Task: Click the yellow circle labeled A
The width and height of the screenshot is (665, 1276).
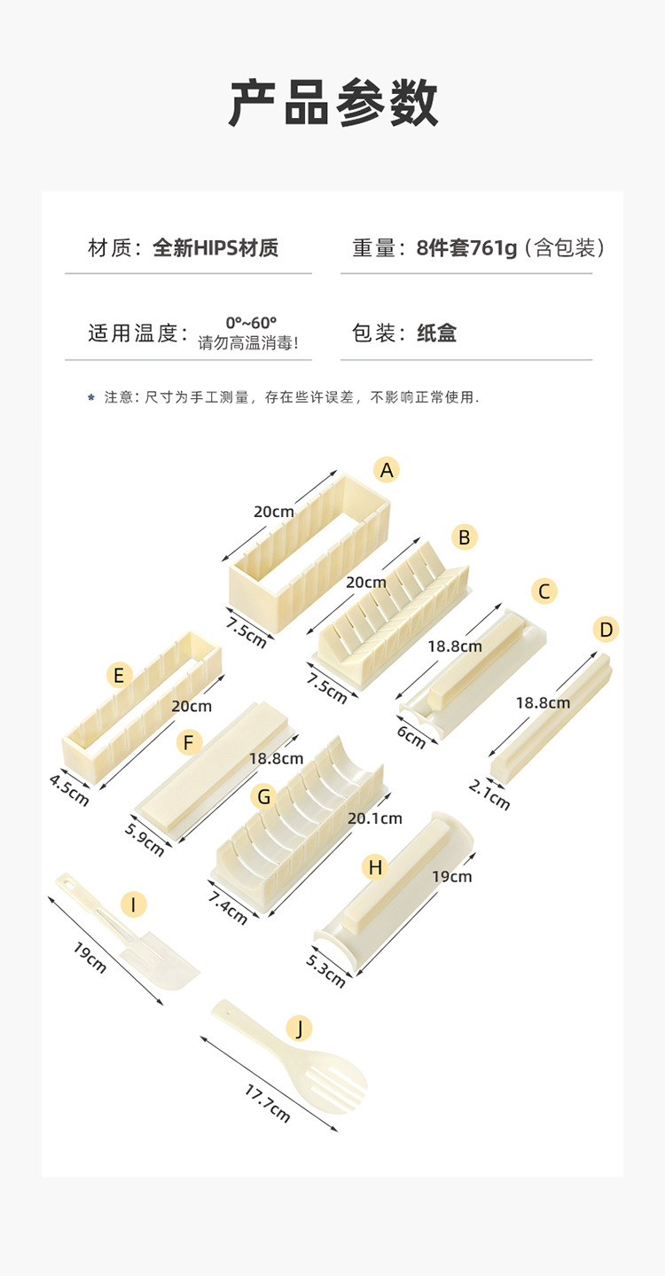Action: (386, 470)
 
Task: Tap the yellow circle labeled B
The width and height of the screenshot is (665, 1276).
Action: (463, 536)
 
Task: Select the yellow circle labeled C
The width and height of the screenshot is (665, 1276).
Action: (544, 591)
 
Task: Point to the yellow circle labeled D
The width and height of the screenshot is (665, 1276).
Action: (606, 630)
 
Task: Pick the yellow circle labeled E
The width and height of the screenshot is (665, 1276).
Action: (119, 676)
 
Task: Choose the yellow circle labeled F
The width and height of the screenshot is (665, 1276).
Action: (188, 741)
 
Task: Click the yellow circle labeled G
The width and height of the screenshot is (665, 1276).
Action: (263, 796)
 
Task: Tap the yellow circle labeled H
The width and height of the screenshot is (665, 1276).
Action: (375, 866)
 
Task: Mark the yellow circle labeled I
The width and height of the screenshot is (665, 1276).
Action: (133, 904)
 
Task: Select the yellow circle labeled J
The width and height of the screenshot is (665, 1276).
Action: (300, 1028)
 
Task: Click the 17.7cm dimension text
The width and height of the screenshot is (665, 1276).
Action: (267, 1103)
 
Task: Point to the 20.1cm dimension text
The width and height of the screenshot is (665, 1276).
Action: (374, 818)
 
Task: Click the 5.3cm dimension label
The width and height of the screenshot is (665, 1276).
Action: (325, 969)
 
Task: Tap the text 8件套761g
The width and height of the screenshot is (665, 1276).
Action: (466, 247)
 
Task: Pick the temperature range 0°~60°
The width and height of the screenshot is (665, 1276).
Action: (251, 322)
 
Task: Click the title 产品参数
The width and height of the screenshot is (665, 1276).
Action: (332, 103)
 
